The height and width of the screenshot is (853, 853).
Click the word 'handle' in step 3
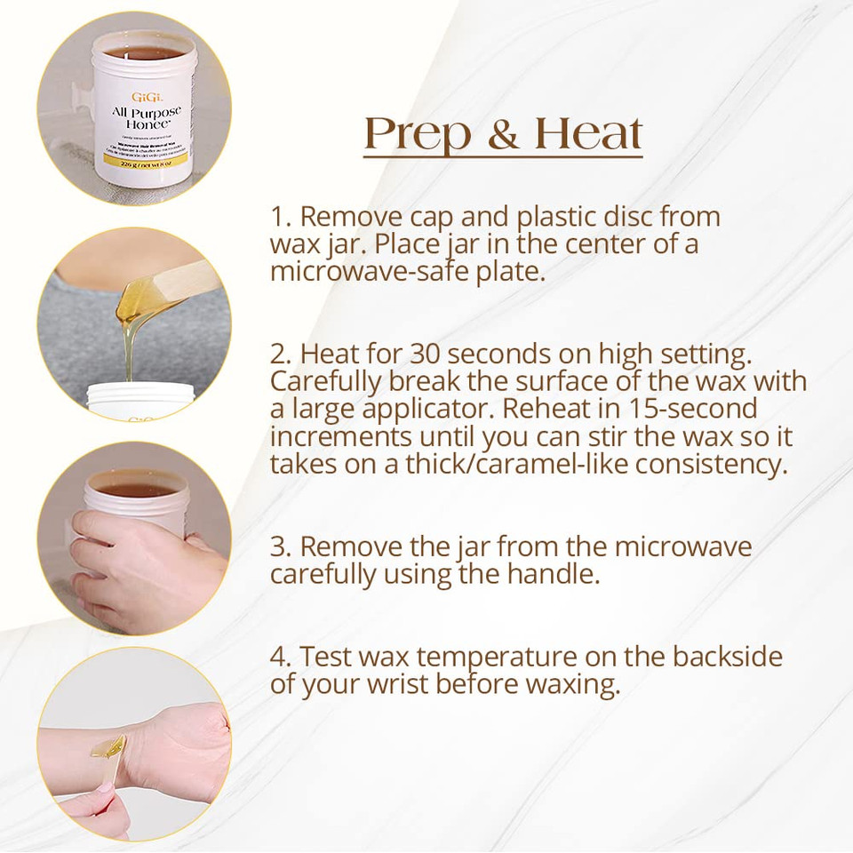556,574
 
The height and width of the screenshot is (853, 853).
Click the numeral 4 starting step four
279,658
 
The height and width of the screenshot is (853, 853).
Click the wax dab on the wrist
115,745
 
